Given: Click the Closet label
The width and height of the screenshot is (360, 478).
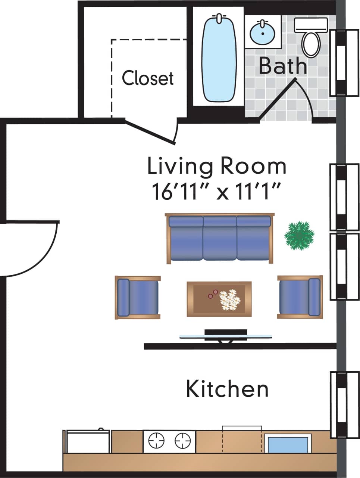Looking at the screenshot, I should coord(148,78).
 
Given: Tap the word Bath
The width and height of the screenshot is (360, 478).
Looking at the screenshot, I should coord(282,66).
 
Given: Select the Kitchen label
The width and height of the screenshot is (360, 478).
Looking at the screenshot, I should coord(227,389).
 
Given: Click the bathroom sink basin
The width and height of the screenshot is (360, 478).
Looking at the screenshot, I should coord(263,32).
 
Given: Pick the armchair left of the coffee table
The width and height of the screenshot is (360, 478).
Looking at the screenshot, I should coord(138,297).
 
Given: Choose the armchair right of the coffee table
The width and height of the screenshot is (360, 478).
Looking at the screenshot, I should coord(300,297).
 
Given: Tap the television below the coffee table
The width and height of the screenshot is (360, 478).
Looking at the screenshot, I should coord(226,335).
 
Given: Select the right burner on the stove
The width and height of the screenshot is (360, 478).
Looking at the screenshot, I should coord(182,441).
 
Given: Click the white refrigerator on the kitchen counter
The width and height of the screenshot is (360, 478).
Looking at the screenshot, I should coord(88,441).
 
